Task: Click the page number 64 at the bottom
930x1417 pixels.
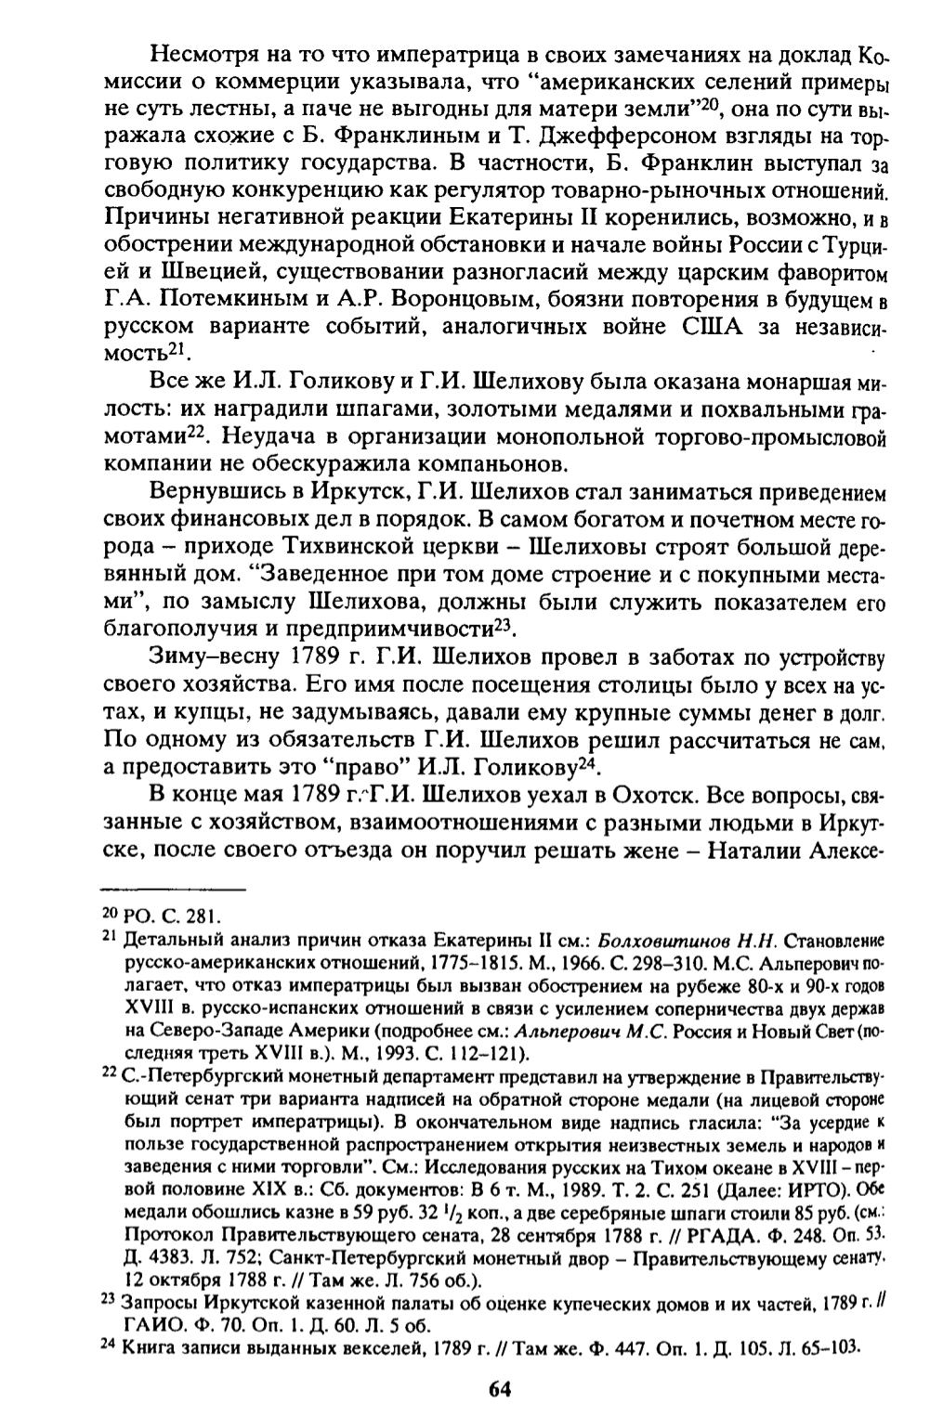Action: point(499,1389)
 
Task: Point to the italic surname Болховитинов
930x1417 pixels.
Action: point(650,940)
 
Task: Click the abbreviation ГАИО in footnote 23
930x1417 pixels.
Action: point(151,1324)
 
